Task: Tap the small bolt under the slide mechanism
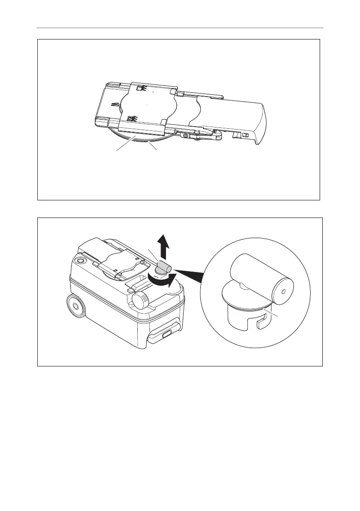(x=185, y=135)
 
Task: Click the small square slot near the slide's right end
(x=246, y=135)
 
